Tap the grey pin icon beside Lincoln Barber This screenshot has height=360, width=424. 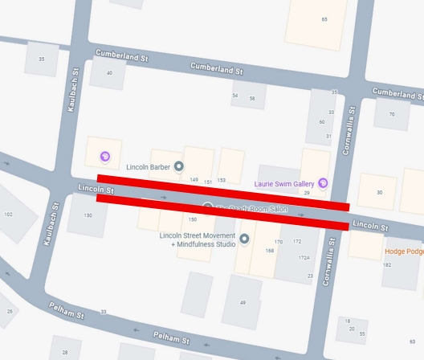[180, 166]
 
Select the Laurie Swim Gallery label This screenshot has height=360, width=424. [284, 183]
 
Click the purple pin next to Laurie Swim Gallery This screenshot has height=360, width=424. [323, 183]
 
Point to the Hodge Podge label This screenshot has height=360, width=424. [404, 252]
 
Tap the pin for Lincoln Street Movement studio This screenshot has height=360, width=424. [244, 239]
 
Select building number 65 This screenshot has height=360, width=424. [324, 19]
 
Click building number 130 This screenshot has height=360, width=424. [88, 215]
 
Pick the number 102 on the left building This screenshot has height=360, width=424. [9, 215]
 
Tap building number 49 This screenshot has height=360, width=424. [243, 302]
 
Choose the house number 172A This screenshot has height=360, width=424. [304, 258]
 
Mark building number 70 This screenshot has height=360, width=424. [392, 114]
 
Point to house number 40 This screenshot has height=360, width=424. [109, 73]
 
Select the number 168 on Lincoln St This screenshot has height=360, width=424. [270, 251]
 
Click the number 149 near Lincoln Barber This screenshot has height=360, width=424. [194, 180]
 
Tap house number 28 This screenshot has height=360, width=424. [65, 352]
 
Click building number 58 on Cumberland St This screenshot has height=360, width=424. [252, 97]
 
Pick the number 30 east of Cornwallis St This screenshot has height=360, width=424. [379, 192]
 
